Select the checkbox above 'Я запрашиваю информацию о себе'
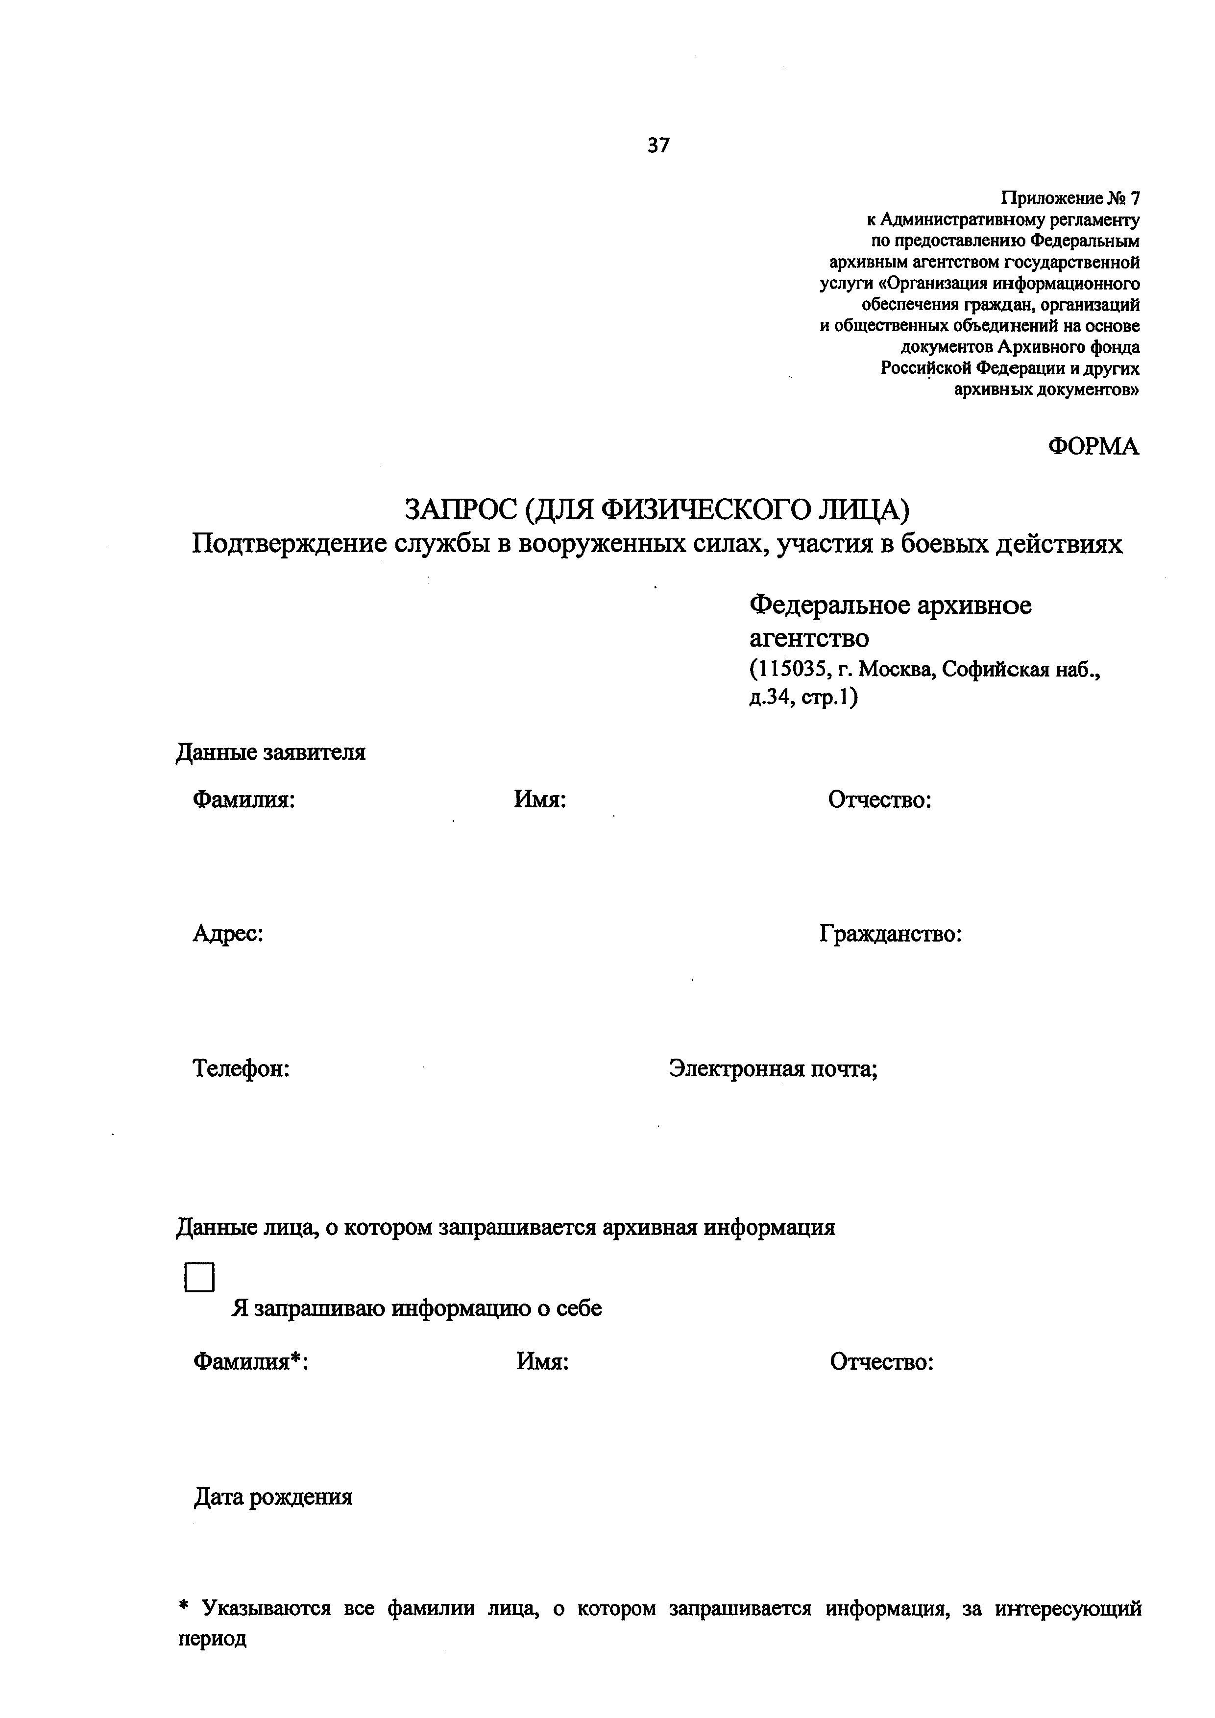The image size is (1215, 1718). [199, 1277]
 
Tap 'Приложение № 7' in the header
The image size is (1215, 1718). [1070, 198]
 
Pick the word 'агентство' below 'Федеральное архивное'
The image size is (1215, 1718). [809, 638]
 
